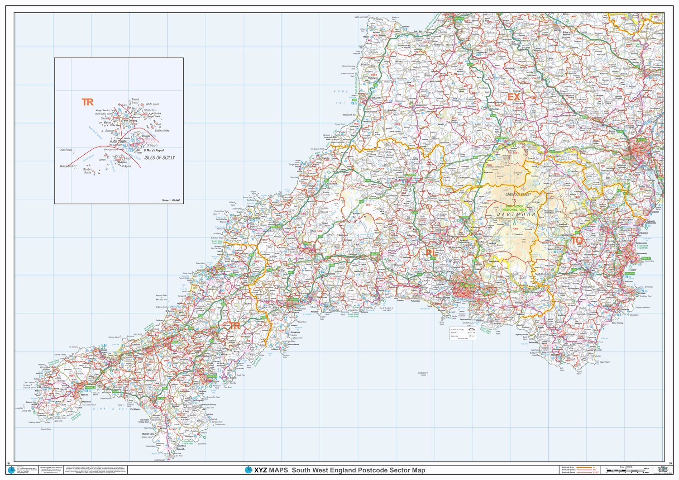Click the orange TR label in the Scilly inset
(x=87, y=102)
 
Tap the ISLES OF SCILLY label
(x=159, y=157)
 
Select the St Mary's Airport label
(x=154, y=150)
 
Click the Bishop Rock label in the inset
(x=67, y=166)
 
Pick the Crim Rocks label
(x=66, y=150)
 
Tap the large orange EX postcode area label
(x=514, y=97)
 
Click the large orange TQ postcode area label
(x=577, y=241)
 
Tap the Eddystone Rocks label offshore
(x=423, y=374)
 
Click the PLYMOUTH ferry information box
(x=462, y=333)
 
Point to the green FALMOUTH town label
(x=210, y=376)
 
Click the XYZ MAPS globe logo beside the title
(x=248, y=470)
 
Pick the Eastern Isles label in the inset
(x=162, y=130)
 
